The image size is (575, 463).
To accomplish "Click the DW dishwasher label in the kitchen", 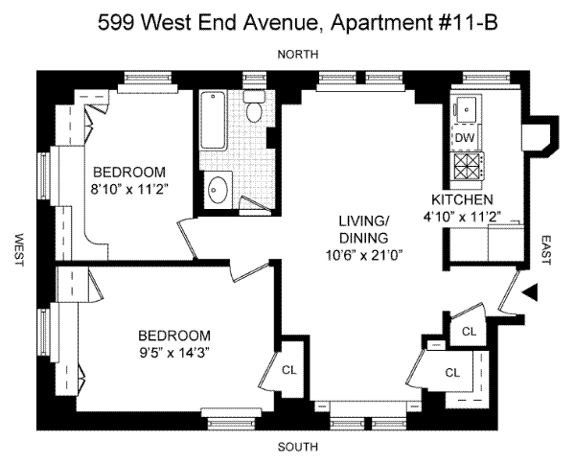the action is pyautogui.click(x=465, y=138).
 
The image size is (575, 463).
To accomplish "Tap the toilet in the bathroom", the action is pyautogui.click(x=254, y=106).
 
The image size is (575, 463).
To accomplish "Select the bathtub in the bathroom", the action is pyautogui.click(x=213, y=120).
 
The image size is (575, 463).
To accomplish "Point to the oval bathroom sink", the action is pyautogui.click(x=218, y=190).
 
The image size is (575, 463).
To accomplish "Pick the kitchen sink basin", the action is pyautogui.click(x=467, y=109).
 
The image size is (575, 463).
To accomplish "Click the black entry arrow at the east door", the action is pyautogui.click(x=531, y=292).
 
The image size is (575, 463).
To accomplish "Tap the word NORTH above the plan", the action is pyautogui.click(x=298, y=55).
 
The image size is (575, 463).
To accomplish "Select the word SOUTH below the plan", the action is pyautogui.click(x=297, y=448).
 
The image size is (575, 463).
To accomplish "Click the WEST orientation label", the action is pyautogui.click(x=19, y=250).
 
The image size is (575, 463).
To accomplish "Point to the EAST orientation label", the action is pyautogui.click(x=546, y=250).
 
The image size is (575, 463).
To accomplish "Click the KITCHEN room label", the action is pyautogui.click(x=462, y=200).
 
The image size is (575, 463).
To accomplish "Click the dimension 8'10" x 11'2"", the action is pyautogui.click(x=129, y=189).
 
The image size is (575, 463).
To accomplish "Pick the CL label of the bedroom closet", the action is pyautogui.click(x=289, y=370).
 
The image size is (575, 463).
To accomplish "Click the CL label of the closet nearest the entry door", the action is pyautogui.click(x=469, y=332).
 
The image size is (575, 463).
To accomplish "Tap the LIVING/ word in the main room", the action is pyautogui.click(x=364, y=220).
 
